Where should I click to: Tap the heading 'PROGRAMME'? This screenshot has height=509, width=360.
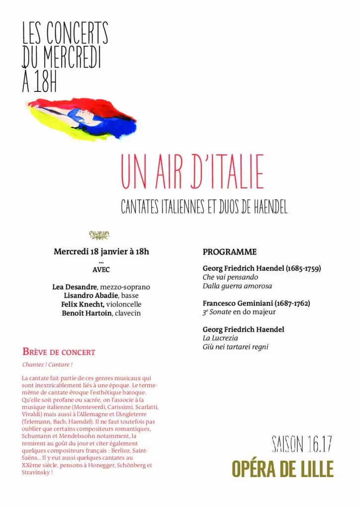pos(229,252)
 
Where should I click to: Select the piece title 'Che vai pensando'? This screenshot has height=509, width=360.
pos(230,277)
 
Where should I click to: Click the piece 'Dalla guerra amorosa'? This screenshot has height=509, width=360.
pos(237,286)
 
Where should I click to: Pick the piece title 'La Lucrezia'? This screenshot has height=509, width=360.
pos(220,338)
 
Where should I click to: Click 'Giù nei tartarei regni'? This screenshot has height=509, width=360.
pos(235,347)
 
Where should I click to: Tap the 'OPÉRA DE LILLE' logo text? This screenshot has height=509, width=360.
pos(282,469)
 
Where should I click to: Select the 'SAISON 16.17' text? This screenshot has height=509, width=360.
pos(301,444)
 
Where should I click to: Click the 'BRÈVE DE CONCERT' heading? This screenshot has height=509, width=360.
pos(59,352)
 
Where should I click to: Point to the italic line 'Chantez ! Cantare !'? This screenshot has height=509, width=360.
pos(47,364)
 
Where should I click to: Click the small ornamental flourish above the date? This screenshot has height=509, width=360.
pos(99,235)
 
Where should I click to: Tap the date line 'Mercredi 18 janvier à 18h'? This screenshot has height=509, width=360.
pos(101,252)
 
